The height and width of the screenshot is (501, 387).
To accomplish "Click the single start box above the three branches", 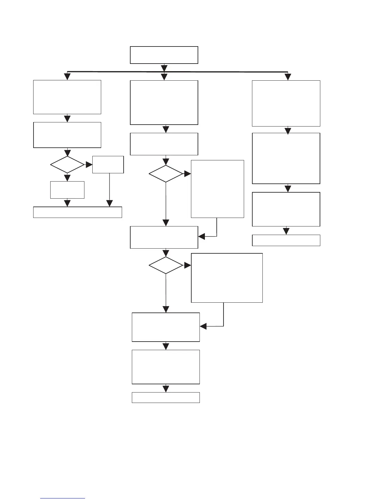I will pos(164,55).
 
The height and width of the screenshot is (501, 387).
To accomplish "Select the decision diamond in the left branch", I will pos(67,164).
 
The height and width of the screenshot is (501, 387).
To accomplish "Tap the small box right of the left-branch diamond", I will pos(108,164).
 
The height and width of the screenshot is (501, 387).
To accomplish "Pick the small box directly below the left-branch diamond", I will pos(67,190).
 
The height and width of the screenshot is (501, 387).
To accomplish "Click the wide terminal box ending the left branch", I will pos(77,212).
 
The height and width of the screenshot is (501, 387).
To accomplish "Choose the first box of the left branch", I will pos(67,97).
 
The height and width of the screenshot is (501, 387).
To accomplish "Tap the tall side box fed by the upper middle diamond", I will pos(218,189).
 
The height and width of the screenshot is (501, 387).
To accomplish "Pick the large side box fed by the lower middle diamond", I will pos(227,278).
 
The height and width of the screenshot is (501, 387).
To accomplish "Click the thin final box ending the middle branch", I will pos(166,398).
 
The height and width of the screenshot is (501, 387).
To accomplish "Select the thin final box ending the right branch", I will pos(286,240).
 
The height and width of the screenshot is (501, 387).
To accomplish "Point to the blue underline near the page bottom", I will pos(63,498).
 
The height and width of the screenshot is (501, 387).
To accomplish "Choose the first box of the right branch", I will pos(286,103).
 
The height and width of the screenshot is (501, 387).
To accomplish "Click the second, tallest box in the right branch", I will pos(286,158).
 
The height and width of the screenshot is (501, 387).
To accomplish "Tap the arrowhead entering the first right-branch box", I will pos(288,77).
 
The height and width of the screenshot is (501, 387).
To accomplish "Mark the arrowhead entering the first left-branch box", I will pos(67,77).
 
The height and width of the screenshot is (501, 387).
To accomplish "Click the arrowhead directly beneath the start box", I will pos(164,68).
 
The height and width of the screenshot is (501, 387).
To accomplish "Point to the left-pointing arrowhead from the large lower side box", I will pos(203,326).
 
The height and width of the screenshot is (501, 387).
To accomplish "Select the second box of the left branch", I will pos(67,135).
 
